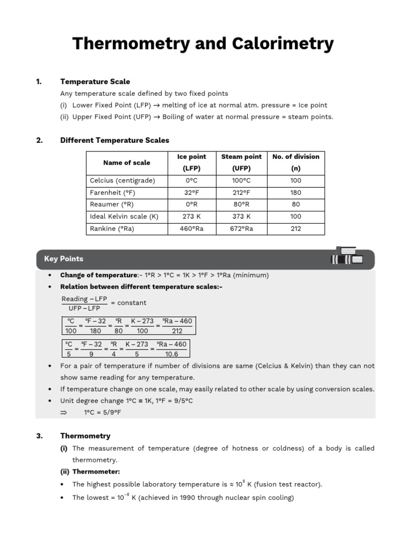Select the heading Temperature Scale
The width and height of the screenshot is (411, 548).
95,82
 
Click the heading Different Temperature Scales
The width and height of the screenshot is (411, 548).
115,140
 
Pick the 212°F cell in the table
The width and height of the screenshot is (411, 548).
241,192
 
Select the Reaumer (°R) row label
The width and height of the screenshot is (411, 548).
111,204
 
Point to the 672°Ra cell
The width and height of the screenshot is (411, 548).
241,229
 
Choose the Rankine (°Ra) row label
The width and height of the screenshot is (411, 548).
112,229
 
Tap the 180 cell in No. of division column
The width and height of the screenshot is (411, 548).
295,192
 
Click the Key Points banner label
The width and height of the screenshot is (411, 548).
64,259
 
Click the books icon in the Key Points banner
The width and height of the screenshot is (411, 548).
347,256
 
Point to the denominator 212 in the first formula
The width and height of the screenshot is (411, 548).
177,331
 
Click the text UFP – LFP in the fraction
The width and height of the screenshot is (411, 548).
85,308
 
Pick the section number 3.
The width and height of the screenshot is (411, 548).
39,436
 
